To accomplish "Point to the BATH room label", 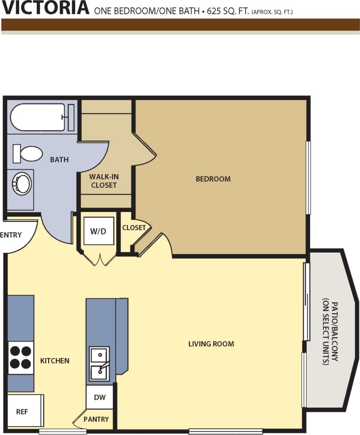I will coord(59,160).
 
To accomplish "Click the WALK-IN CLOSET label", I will coord(104,181).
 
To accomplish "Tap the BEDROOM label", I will coord(213,179).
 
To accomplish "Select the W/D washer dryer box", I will coord(99,231).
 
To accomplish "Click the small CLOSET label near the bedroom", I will coord(134,228).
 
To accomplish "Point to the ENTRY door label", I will coord(11,235).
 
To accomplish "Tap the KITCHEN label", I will coord(55,361).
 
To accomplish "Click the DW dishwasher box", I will coord(100,397).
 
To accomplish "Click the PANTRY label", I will coord(96,419).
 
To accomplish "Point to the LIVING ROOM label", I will coord(211,343).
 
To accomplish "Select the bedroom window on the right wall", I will coord(308,177).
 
